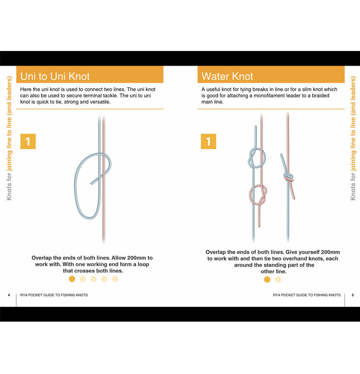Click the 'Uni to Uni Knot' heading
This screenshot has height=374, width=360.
[55, 76]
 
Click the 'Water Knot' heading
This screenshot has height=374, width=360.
[227, 76]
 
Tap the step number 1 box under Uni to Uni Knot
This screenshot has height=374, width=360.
[28, 142]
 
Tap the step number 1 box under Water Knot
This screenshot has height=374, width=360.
[208, 142]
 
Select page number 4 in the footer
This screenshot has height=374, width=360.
[9, 295]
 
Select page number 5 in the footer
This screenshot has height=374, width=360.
[353, 295]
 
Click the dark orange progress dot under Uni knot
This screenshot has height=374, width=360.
[72, 279]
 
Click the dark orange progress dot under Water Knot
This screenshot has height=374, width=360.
[267, 279]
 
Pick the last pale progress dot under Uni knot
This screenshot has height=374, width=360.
[115, 279]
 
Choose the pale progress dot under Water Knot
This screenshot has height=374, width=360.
[278, 279]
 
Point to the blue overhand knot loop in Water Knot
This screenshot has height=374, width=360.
[257, 158]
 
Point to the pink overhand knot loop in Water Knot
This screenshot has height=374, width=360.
[258, 195]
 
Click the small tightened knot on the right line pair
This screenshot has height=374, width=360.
[288, 177]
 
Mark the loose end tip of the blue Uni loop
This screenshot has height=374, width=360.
[91, 184]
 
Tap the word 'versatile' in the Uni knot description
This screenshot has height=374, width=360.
[101, 102]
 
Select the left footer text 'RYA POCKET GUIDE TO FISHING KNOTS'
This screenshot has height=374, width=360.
[54, 295]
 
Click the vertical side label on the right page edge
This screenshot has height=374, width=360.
[353, 138]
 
